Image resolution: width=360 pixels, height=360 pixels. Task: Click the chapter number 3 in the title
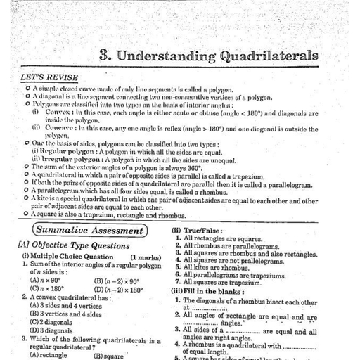107,56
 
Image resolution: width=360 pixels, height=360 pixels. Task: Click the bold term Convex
60,112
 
